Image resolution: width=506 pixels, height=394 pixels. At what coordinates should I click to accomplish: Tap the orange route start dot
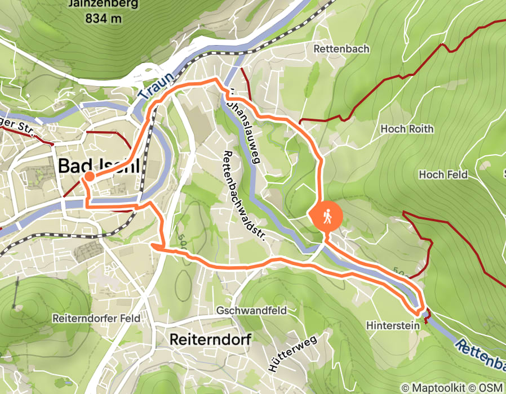(89, 178)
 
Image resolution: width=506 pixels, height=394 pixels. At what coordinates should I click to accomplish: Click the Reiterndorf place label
(210, 339)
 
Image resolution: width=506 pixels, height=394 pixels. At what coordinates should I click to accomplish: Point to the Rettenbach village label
(341, 49)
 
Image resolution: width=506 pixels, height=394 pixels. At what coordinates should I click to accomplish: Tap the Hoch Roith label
(407, 129)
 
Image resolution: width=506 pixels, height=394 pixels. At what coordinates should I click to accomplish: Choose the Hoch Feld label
(443, 174)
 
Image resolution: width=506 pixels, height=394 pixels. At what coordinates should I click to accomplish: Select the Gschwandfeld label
(251, 310)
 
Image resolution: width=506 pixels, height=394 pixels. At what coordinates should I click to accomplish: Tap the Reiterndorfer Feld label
(96, 318)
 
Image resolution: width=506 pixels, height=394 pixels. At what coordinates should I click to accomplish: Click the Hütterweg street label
(290, 352)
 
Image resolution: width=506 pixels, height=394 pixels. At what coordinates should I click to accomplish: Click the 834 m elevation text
(104, 19)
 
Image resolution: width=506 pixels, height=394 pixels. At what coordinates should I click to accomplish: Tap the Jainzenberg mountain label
(105, 5)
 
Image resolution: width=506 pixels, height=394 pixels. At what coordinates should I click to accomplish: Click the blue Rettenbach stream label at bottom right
(482, 355)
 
